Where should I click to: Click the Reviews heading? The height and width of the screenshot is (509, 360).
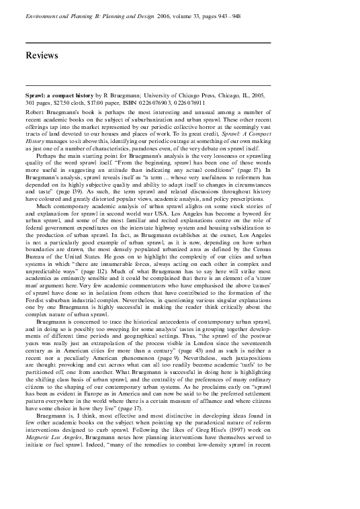tap(42, 55)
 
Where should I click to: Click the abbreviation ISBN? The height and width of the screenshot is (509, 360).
tap(148, 104)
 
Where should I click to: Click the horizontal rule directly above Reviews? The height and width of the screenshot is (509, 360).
tap(148, 43)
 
